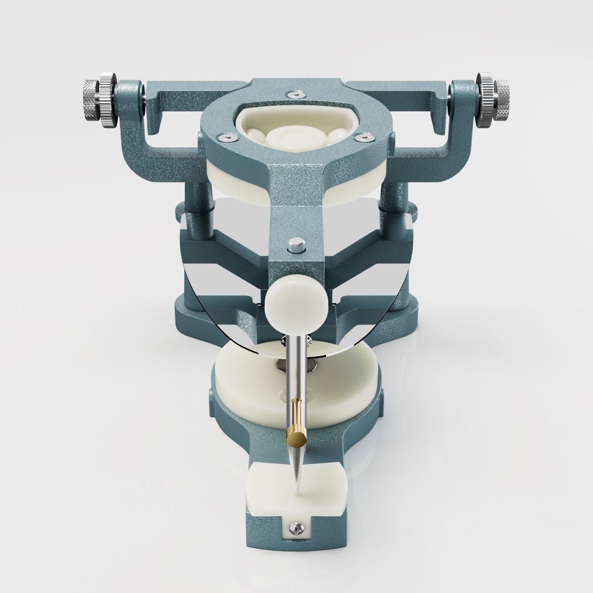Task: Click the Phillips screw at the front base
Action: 297,528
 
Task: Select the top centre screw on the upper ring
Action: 295,92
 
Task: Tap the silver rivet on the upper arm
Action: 295,243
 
